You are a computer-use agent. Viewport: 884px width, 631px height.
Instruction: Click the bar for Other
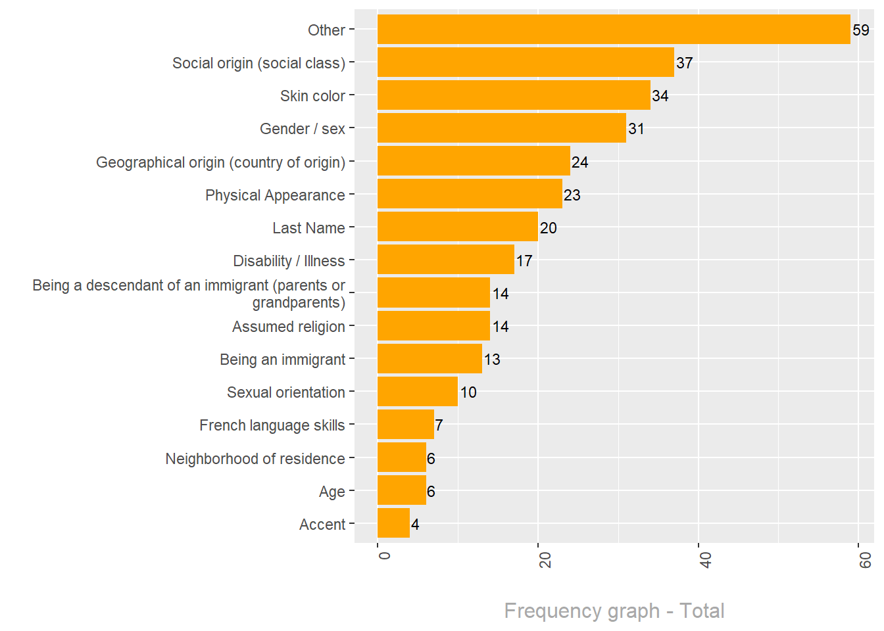click(x=614, y=30)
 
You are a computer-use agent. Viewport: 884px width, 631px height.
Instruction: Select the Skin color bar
click(x=514, y=95)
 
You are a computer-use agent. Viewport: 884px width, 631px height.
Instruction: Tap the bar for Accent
click(x=393, y=523)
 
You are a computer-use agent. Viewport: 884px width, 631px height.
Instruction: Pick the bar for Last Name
click(x=458, y=227)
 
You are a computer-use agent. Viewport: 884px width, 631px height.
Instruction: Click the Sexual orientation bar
click(x=418, y=392)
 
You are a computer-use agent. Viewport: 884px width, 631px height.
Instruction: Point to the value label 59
click(x=861, y=30)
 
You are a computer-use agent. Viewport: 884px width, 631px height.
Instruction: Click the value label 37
click(x=685, y=63)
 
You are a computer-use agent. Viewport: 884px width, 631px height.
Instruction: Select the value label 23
click(x=572, y=195)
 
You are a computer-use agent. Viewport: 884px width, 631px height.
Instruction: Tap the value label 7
click(x=439, y=425)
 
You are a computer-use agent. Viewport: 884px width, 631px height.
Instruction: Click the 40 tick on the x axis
click(x=705, y=560)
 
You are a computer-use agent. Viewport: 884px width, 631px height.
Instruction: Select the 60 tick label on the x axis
click(x=866, y=560)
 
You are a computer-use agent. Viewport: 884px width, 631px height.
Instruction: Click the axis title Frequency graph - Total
click(x=614, y=611)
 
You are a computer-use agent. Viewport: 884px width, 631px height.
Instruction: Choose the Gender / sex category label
click(x=303, y=129)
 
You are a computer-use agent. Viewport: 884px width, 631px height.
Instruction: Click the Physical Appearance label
click(x=275, y=195)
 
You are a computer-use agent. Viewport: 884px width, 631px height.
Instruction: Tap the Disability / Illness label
click(x=289, y=261)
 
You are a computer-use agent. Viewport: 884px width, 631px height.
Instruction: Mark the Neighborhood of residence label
click(x=255, y=459)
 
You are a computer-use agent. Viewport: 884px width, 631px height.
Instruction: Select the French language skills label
click(x=272, y=425)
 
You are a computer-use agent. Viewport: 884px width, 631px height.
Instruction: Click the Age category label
click(x=332, y=492)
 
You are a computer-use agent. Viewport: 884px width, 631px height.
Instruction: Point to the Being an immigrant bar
click(x=430, y=359)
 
